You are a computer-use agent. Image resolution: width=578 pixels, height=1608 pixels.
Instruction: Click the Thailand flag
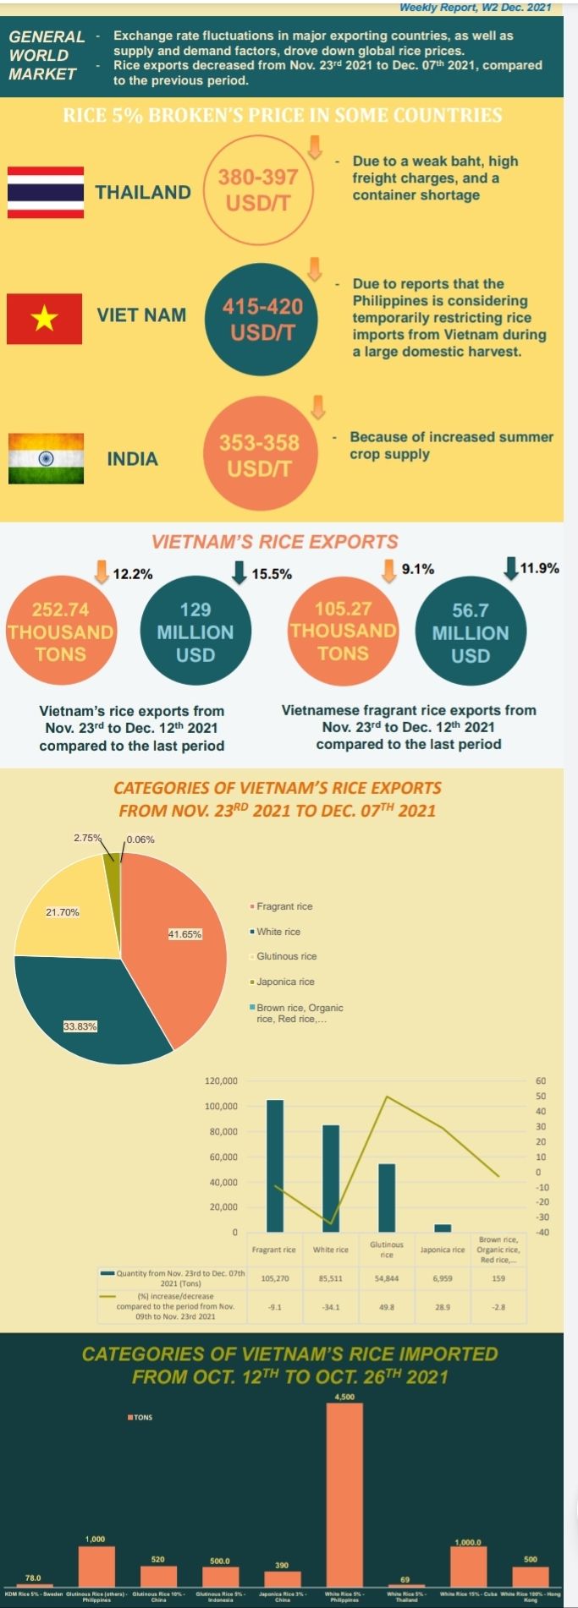point(46,192)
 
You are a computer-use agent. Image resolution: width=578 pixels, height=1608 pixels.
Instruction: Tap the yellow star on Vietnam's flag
point(45,319)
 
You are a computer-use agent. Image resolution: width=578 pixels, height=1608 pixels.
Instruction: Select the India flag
point(46,458)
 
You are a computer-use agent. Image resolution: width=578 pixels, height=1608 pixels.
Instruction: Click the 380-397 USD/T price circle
point(258,191)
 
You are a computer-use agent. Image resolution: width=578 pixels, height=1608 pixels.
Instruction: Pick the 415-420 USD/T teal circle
point(262,319)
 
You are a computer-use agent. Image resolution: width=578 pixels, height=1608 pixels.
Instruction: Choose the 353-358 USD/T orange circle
point(259,455)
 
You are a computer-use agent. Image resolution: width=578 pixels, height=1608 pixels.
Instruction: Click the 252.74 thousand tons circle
point(60,631)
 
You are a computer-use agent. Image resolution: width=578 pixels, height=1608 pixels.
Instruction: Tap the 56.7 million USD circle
point(471,632)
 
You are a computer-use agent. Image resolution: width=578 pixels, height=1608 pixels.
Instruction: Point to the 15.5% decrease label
point(272,574)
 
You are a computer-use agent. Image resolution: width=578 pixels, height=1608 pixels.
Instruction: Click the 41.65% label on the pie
point(185,934)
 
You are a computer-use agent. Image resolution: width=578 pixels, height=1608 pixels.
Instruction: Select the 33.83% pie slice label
point(80,1026)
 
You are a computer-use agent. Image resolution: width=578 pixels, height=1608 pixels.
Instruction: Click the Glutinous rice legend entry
point(286,956)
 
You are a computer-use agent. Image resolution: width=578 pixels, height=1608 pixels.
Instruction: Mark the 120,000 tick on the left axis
point(221,1081)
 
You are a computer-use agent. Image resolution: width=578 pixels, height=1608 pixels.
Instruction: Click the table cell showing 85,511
point(330,1278)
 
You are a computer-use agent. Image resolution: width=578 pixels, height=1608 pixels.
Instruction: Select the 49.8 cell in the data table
point(387,1306)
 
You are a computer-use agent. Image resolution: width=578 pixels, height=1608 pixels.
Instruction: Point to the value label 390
point(282,1565)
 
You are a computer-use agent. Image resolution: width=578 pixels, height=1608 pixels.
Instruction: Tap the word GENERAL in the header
point(47,37)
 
